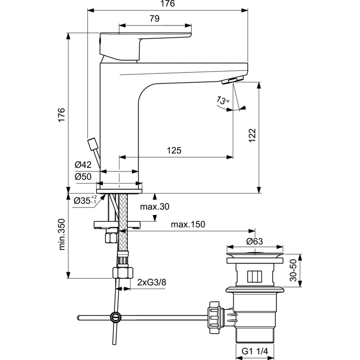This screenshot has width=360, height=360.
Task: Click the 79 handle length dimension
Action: (154, 19)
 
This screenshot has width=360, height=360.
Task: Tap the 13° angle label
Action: (222, 101)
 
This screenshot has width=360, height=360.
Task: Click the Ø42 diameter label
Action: (84, 165)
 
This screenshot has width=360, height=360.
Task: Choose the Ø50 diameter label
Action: (84, 176)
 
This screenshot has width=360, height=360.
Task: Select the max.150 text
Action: (188, 224)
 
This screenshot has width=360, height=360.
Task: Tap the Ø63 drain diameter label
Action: (255, 241)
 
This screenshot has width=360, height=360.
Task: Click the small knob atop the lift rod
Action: (91, 144)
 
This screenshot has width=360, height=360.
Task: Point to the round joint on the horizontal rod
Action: (115, 317)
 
